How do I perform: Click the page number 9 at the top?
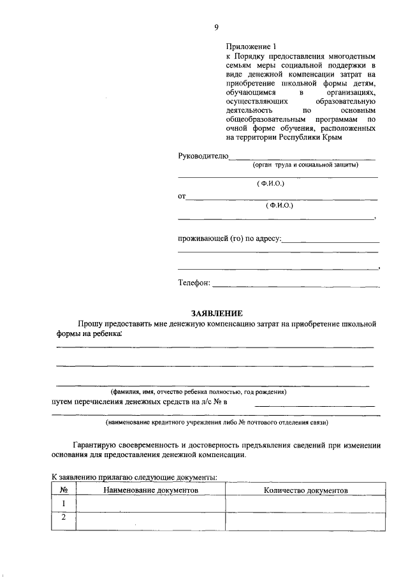pos(216,26)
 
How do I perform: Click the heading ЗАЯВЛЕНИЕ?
pos(217,313)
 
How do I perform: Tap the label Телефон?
pos(194,283)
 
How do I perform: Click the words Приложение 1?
pos(252,47)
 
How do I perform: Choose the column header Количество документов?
pos(305,490)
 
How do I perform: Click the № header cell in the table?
pos(64,490)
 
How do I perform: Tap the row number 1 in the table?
pos(64,504)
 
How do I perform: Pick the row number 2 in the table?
pos(64,518)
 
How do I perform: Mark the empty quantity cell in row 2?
pos(305,519)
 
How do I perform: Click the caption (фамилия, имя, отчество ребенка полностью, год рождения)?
pos(198,391)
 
